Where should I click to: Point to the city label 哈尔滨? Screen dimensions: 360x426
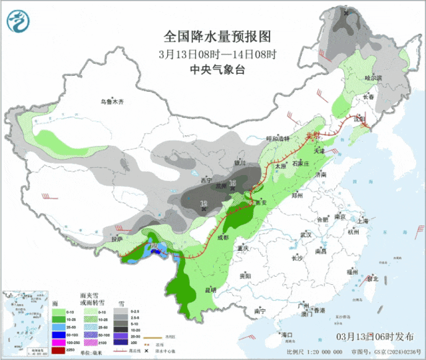click(x=373, y=78)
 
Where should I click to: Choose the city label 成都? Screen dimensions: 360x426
click(x=222, y=237)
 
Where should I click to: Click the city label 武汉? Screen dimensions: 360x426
click(x=306, y=235)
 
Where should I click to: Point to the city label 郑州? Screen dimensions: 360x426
click(x=297, y=196)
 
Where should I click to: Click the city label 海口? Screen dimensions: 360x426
click(x=287, y=334)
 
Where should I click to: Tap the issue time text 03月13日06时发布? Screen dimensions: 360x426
click(x=379, y=337)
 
